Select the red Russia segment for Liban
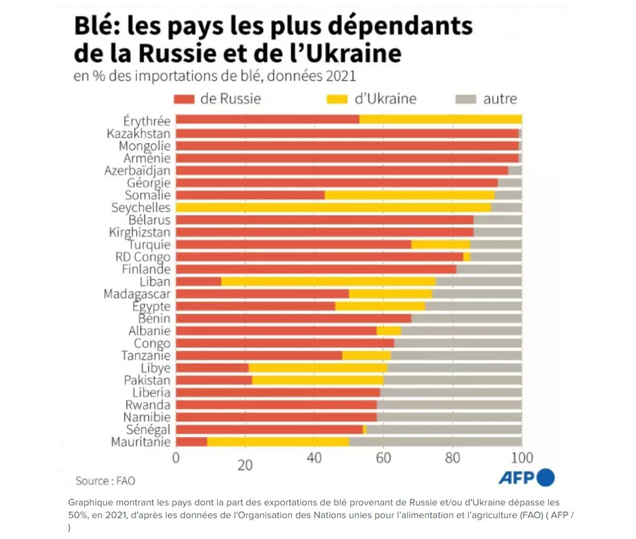198,281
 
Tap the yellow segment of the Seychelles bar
333,208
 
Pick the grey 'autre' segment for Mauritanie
435,442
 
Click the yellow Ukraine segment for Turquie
440,245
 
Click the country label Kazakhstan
138,133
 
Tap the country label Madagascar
137,294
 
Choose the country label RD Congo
143,257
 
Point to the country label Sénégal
148,429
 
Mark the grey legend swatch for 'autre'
465,99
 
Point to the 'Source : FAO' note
105,481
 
